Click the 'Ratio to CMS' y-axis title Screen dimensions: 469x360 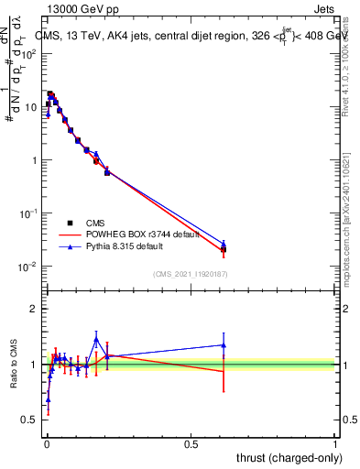point(15,364)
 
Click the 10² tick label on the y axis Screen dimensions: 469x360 point(31,54)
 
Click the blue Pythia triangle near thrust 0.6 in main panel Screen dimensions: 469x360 point(224,244)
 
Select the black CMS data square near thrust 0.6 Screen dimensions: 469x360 point(224,249)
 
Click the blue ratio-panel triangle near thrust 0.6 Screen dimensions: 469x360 point(224,345)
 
